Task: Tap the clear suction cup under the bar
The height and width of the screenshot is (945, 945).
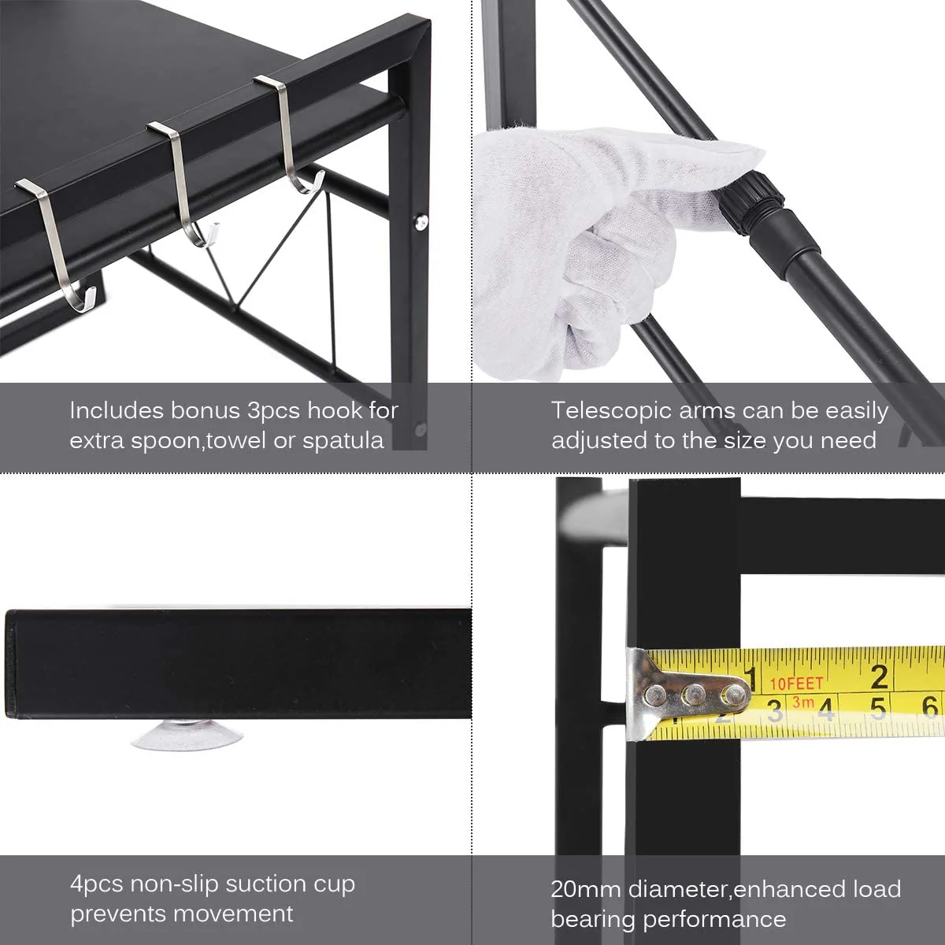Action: (186, 734)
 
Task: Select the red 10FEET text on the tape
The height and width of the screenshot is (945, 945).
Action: (796, 683)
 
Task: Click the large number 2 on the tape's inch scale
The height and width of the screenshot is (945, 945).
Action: (879, 676)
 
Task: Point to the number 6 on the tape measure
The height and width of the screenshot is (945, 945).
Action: (930, 707)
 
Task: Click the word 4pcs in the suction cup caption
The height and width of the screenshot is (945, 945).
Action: (97, 884)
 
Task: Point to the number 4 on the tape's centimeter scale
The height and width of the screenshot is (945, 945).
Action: (825, 709)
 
